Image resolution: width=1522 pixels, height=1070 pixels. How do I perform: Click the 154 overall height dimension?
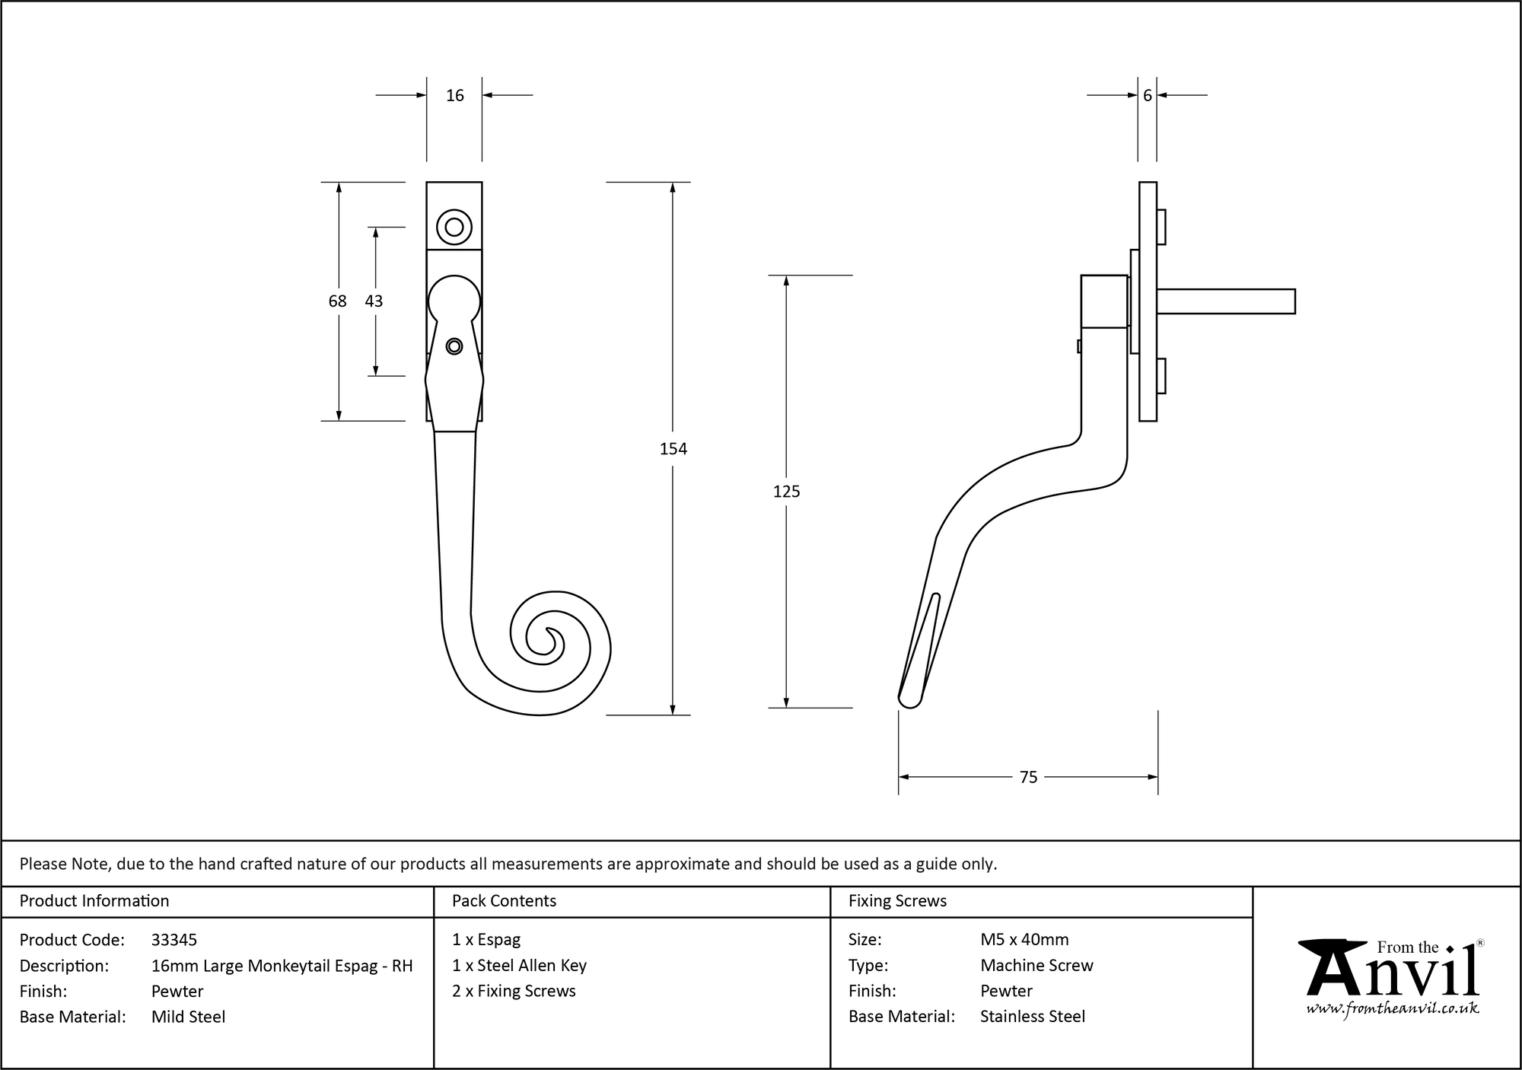[x=673, y=449]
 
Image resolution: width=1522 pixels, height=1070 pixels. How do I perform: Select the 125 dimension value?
[x=786, y=492]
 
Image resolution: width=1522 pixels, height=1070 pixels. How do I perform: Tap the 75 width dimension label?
[x=1028, y=777]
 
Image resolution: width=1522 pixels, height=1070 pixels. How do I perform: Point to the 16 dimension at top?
[x=454, y=96]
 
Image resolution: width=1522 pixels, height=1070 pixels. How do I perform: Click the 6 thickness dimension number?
[x=1147, y=96]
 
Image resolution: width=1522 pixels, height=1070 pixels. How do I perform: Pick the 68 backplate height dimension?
[x=337, y=301]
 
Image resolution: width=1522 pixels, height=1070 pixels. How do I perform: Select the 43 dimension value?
[x=374, y=301]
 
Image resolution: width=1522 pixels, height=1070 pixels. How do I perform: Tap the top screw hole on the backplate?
[x=454, y=227]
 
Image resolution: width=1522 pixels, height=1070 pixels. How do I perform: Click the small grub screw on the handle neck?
[x=454, y=347]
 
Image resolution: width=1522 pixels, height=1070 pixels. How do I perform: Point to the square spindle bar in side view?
[x=1225, y=301]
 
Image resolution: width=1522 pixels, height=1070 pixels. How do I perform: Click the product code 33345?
[x=174, y=940]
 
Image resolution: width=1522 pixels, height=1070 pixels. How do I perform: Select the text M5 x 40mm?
[x=1024, y=940]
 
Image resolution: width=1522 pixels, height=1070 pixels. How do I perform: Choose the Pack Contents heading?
[x=504, y=901]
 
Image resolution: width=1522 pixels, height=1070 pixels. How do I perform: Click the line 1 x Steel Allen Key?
[x=519, y=966]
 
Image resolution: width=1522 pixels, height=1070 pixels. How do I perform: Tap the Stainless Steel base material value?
[x=1033, y=1017]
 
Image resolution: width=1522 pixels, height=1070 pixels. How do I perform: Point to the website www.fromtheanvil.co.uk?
[x=1393, y=1009]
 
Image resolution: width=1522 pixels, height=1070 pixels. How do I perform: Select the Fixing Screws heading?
[x=897, y=901]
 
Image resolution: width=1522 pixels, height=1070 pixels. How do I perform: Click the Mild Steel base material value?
[x=188, y=1017]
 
